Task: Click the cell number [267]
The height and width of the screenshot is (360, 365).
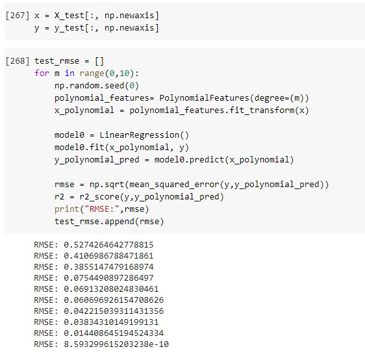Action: click(x=18, y=16)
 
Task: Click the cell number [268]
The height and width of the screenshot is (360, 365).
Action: click(x=18, y=61)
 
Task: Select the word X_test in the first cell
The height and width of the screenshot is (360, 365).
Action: click(x=69, y=16)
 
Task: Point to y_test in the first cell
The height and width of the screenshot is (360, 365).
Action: click(x=69, y=28)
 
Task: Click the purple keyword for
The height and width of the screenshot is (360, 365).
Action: click(x=42, y=73)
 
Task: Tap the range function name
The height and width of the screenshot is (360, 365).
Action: click(x=92, y=73)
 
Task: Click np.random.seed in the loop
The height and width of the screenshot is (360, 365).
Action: click(x=90, y=86)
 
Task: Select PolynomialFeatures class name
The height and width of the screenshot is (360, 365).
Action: click(x=205, y=98)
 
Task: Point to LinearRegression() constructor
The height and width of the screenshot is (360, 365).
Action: click(x=144, y=135)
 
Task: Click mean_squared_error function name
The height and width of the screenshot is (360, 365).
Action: click(x=174, y=185)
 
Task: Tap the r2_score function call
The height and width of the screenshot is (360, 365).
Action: click(x=99, y=197)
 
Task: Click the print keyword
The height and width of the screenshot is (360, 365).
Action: click(x=67, y=209)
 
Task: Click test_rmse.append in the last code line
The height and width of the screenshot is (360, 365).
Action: click(x=95, y=222)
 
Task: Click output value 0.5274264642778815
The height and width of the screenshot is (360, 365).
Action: click(x=108, y=245)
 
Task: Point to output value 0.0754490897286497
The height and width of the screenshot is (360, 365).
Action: click(x=108, y=278)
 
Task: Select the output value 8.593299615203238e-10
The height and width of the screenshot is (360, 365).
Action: click(x=116, y=344)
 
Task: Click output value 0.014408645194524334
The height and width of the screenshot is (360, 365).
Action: click(x=114, y=333)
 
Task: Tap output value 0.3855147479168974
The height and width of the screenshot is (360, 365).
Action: click(x=108, y=267)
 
